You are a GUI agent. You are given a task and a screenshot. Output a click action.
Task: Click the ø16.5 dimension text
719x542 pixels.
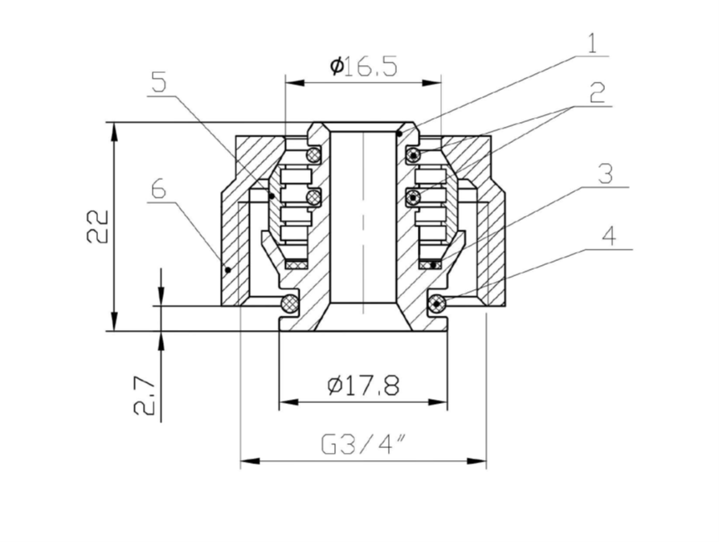pos(363,66)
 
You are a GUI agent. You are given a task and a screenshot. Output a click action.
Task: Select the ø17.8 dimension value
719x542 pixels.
pos(363,385)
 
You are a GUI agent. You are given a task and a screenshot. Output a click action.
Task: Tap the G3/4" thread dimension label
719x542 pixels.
pos(363,444)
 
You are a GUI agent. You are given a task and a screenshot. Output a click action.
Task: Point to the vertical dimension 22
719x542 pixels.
pos(97,226)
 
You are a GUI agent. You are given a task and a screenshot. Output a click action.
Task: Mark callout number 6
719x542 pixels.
pos(158,189)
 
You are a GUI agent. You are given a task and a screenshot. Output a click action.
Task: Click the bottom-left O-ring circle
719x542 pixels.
pos(288,304)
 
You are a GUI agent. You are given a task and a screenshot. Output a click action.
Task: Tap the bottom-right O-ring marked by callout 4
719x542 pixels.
pos(436,304)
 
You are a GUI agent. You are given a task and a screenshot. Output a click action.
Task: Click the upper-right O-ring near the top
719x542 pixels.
pos(413,153)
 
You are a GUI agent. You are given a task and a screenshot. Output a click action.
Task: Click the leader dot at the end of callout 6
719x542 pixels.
pos(228,270)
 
